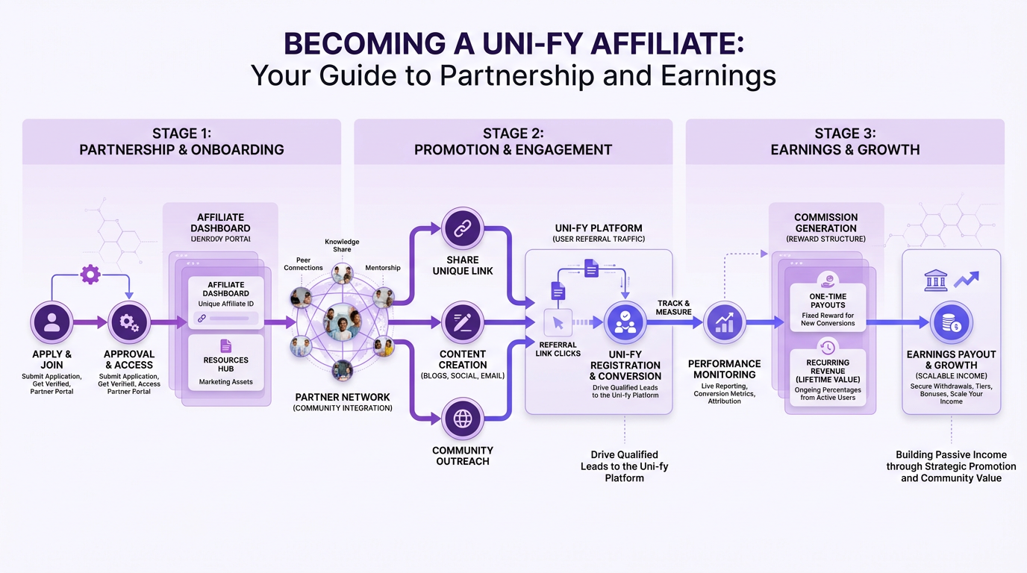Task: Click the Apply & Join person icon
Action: coord(52,322)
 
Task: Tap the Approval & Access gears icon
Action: coord(129,322)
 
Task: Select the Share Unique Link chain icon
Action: coord(463,229)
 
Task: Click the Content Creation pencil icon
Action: coord(463,322)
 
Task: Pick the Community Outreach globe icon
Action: coord(463,419)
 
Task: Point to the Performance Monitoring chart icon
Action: coord(724,322)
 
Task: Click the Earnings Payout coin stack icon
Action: coord(951,322)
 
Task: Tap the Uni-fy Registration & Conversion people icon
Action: coord(625,322)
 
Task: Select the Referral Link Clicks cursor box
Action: coord(558,323)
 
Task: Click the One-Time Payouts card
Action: coord(828,306)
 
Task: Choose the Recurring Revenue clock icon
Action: coord(828,346)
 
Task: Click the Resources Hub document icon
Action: coord(226,346)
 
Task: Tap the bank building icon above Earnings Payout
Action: coord(936,281)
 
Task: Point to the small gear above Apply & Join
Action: coord(90,275)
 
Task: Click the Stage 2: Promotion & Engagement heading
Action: coord(513,141)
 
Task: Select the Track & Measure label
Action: coord(674,307)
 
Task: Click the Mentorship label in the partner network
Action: coord(383,268)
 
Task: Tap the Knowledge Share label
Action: coord(342,245)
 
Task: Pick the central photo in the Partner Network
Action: coord(343,323)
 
